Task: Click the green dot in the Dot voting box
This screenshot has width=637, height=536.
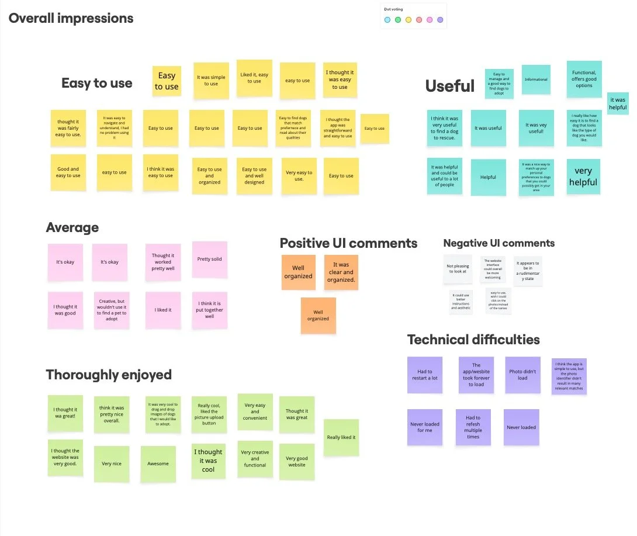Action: tap(398, 20)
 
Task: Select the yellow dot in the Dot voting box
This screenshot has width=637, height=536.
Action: tap(408, 20)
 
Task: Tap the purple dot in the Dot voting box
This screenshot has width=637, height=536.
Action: tap(440, 20)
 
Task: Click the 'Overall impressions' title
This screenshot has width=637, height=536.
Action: tap(71, 18)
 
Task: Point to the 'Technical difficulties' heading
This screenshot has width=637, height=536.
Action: tap(473, 340)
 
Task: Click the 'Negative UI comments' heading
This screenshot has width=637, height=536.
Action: tap(498, 243)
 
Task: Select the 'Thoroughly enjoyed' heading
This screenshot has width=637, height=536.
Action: tap(109, 375)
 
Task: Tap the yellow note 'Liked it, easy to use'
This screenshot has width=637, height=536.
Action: tap(254, 78)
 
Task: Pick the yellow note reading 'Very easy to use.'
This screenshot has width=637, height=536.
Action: tap(299, 175)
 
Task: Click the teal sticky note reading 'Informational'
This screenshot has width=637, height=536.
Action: tap(536, 79)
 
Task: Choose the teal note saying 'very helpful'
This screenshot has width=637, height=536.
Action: tap(583, 176)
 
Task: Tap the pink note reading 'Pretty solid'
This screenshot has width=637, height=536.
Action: tap(209, 260)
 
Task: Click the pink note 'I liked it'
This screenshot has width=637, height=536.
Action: tap(163, 310)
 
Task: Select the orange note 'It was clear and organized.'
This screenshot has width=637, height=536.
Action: tap(341, 272)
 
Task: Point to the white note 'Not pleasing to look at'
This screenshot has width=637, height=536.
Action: tap(458, 269)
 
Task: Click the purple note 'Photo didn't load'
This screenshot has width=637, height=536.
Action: tap(522, 375)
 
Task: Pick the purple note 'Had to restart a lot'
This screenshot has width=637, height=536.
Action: tap(425, 375)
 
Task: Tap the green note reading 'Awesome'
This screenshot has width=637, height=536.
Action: tap(158, 464)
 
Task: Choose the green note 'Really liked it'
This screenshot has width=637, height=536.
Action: tap(341, 437)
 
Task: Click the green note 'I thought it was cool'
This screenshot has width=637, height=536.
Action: tap(208, 461)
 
